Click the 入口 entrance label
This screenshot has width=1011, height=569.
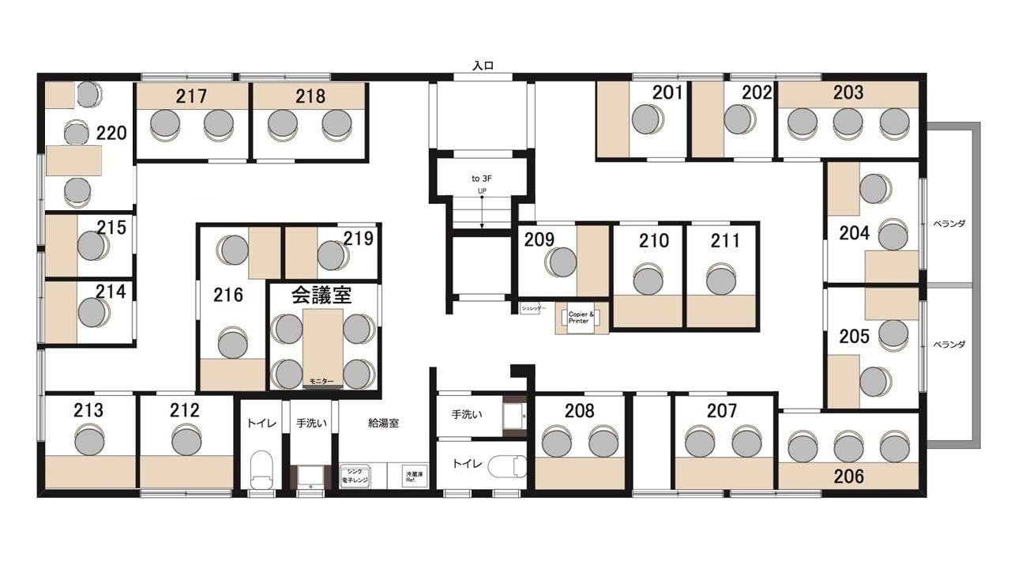pyautogui.click(x=483, y=66)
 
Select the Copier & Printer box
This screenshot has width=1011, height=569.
pyautogui.click(x=578, y=318)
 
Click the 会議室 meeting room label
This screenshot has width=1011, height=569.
pyautogui.click(x=321, y=296)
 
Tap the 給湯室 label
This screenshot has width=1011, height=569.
pyautogui.click(x=384, y=423)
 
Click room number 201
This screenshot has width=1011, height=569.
pyautogui.click(x=667, y=92)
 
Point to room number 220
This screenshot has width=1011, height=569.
pyautogui.click(x=111, y=132)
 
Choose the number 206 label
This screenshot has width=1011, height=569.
pyautogui.click(x=848, y=477)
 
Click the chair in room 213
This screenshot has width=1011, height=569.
pyautogui.click(x=89, y=439)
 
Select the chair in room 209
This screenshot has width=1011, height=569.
pyautogui.click(x=561, y=262)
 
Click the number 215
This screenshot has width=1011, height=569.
pyautogui.click(x=111, y=228)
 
